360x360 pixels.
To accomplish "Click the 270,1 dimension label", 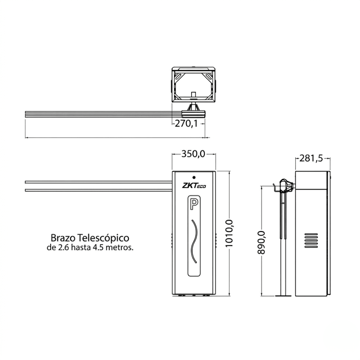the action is [186, 124].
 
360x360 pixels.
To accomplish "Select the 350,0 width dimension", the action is [193, 154].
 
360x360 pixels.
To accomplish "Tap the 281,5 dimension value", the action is [311, 158].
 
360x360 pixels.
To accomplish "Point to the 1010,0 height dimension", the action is [229, 233].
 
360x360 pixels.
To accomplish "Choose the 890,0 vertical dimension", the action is [261, 242].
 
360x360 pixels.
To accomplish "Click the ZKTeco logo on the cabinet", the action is [194, 185].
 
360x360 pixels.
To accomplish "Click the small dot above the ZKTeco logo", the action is [194, 177].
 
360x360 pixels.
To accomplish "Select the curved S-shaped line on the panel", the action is [194, 241].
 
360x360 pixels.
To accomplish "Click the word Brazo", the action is [63, 238].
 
